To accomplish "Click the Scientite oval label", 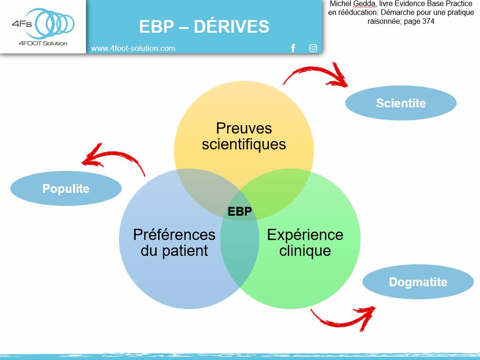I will [401, 103].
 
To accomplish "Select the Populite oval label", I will [66, 189].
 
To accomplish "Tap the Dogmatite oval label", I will [418, 282].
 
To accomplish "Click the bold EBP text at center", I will [240, 212].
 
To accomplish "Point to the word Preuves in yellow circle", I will [243, 128].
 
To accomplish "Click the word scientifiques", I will [243, 144].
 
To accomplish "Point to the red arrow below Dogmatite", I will [343, 318].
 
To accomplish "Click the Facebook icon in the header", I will [293, 48].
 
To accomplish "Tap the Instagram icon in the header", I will [313, 48].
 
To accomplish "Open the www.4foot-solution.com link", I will [133, 48].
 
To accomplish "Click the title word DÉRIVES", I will [231, 27].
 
